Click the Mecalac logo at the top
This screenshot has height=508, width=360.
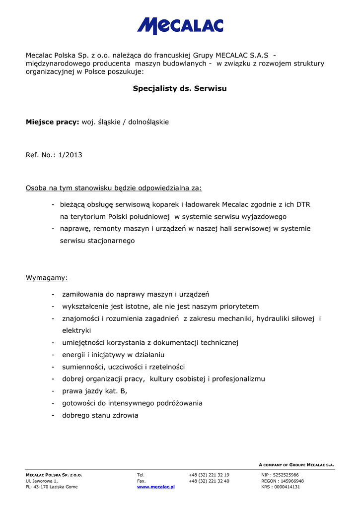[x=180, y=26]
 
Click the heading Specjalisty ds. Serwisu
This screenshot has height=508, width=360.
[x=180, y=89]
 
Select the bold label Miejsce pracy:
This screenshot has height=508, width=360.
[x=53, y=122]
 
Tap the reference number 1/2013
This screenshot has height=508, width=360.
[x=70, y=155]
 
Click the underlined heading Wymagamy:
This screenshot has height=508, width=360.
[x=47, y=277]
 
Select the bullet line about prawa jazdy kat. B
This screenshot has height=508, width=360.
[x=94, y=391]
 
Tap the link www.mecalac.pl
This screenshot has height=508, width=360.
[x=156, y=487]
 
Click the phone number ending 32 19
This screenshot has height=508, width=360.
[x=209, y=475]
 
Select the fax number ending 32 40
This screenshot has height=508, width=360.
[x=209, y=481]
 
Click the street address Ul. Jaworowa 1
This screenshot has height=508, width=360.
[x=42, y=481]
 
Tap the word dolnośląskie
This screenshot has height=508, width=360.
[x=148, y=122]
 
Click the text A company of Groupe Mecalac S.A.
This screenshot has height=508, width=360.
[x=296, y=465]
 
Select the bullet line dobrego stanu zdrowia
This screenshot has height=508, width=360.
[x=100, y=415]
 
